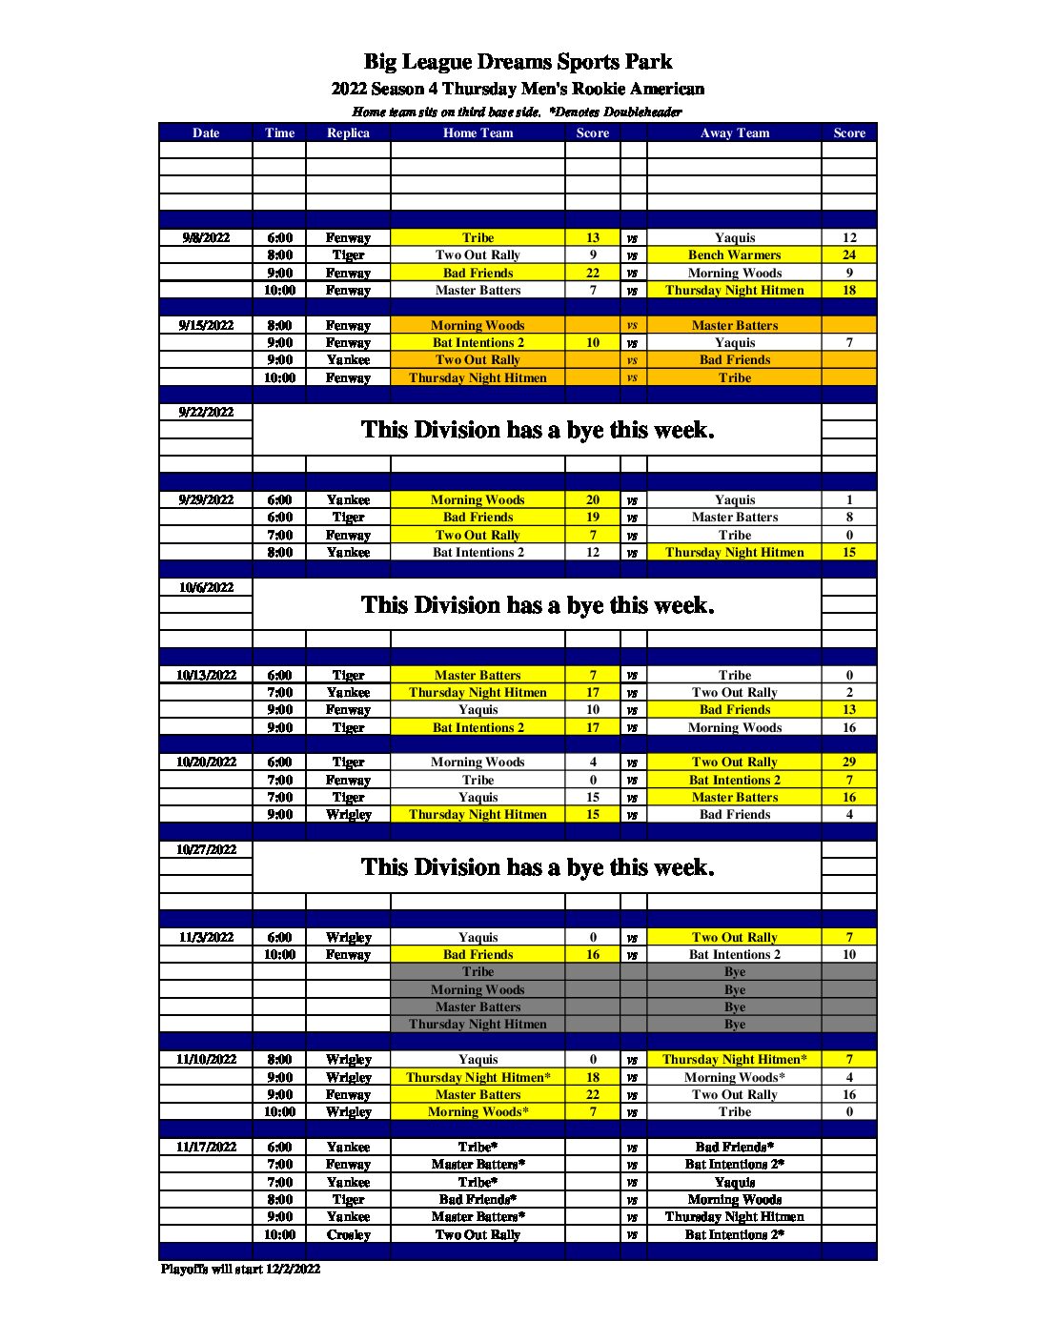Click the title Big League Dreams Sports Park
point(518,62)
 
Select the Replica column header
point(348,133)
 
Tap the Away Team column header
point(734,133)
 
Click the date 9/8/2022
point(206,237)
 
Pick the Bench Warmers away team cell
point(734,255)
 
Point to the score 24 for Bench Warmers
point(849,255)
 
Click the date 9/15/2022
point(206,325)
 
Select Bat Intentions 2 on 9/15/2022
point(478,343)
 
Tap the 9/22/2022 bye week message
point(537,430)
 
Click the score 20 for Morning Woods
point(593,499)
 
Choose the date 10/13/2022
point(206,675)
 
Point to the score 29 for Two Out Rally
point(849,762)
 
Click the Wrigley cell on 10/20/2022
point(348,815)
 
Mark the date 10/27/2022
point(206,849)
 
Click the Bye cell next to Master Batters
point(734,1007)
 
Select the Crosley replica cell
point(348,1235)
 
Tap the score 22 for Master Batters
point(593,1095)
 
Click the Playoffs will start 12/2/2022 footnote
point(240,1270)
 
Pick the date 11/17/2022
point(206,1148)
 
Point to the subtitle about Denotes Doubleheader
point(518,112)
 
